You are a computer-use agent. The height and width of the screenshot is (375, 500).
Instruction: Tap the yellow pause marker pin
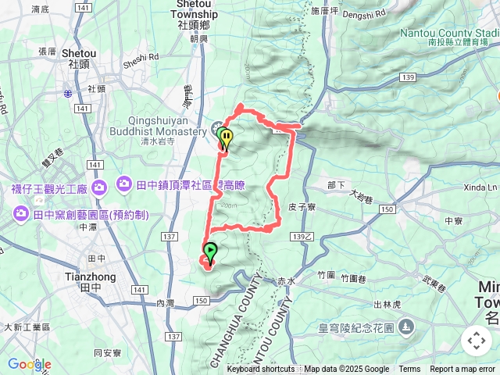[227, 139]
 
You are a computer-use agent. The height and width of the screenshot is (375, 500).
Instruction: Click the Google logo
[29, 364]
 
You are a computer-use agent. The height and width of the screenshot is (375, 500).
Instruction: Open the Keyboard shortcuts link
[261, 370]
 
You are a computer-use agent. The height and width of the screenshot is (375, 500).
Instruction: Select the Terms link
[409, 370]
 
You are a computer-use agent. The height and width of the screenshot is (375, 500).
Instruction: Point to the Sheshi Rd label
[141, 56]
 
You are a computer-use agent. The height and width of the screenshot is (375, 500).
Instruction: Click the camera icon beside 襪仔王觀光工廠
[99, 187]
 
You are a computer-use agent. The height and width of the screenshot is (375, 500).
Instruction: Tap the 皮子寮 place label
[301, 208]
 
